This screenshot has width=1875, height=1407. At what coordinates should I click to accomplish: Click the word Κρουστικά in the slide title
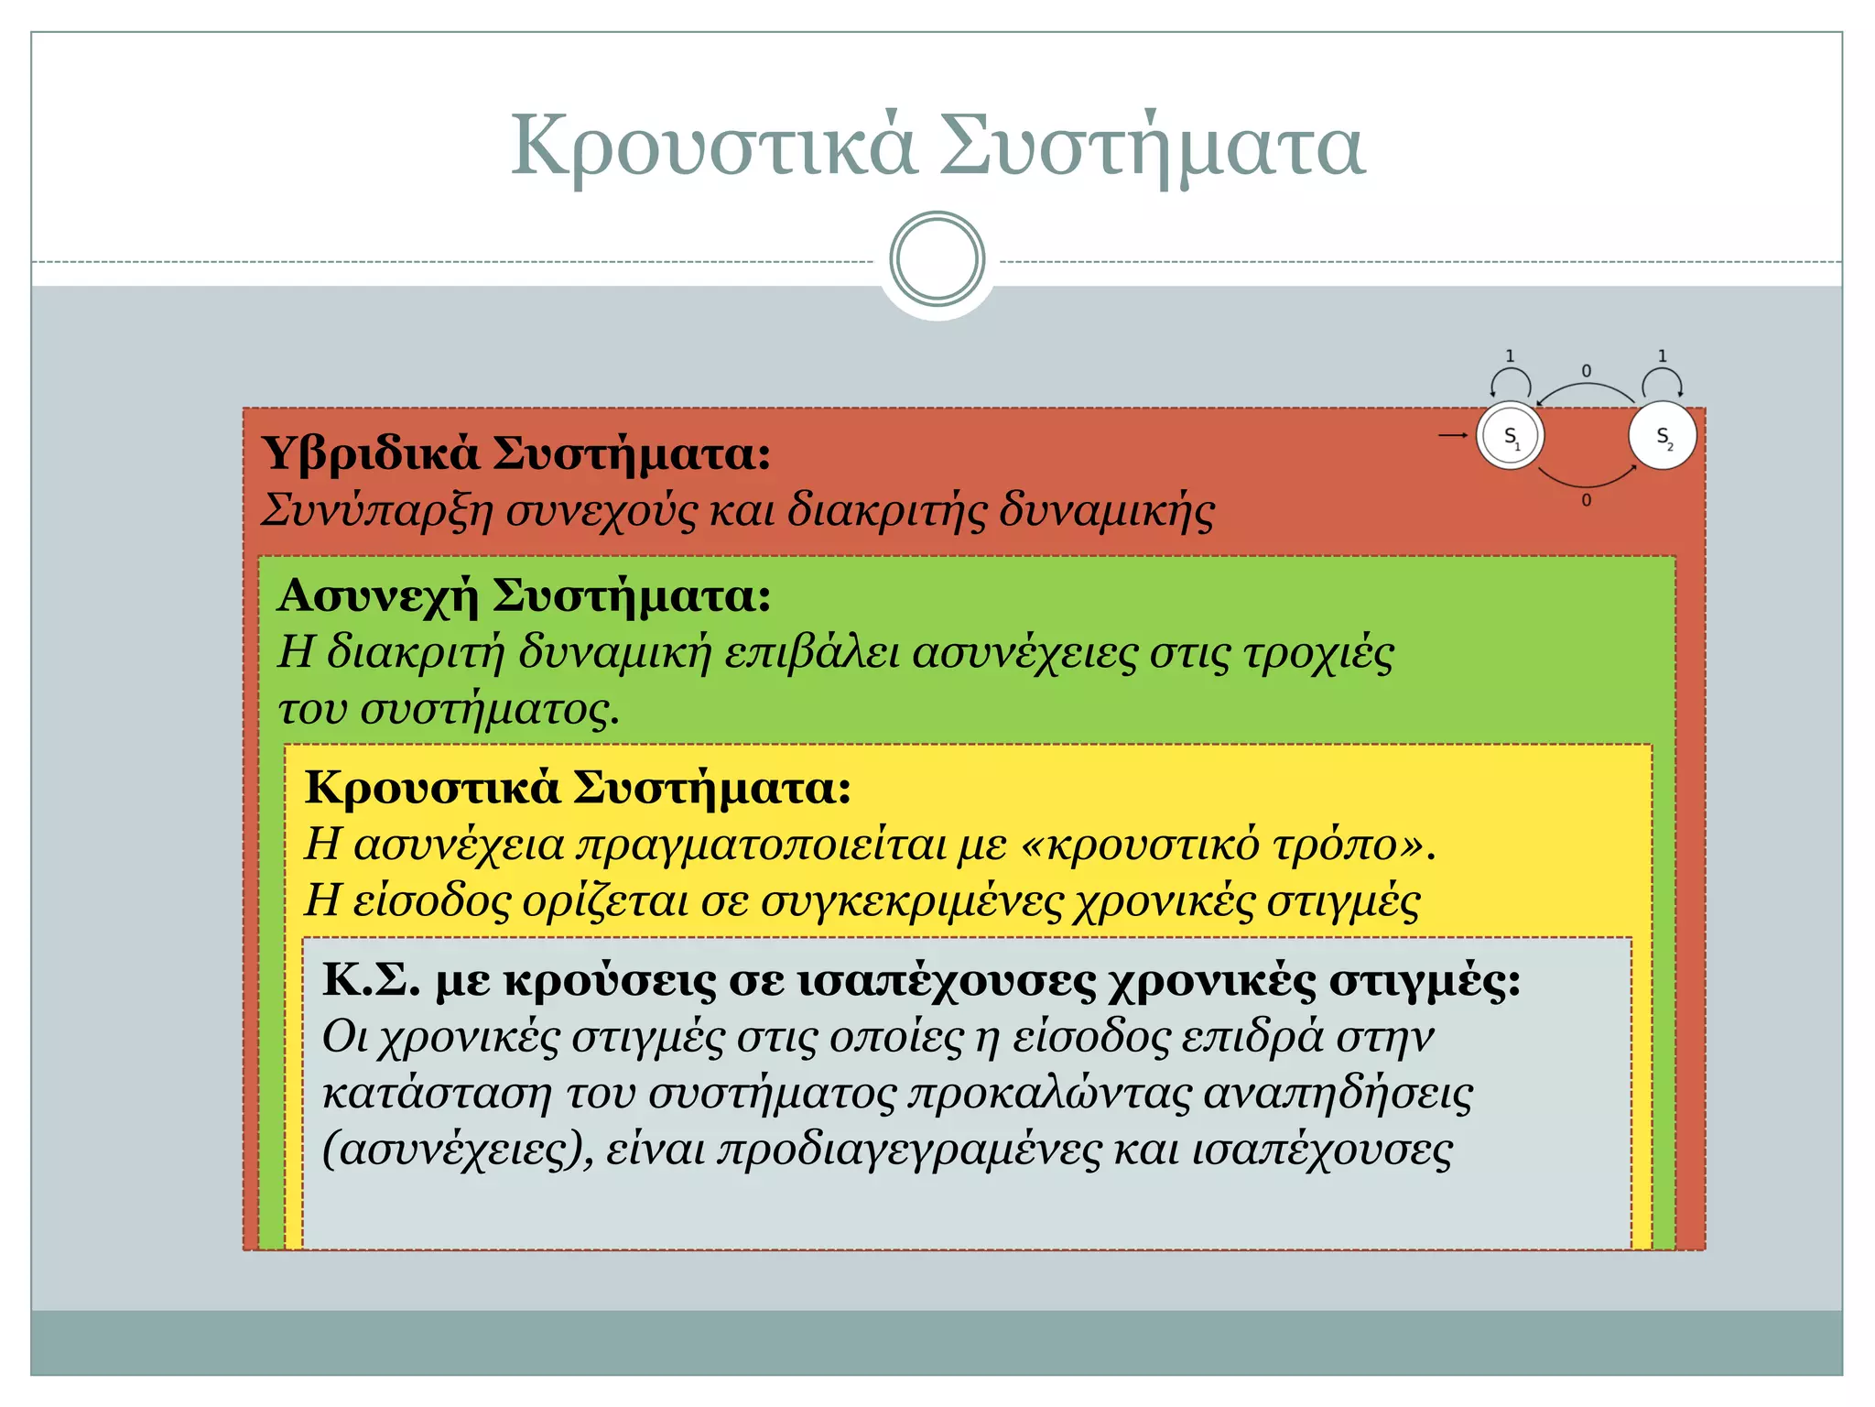712,147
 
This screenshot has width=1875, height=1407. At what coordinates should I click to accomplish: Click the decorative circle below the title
937,259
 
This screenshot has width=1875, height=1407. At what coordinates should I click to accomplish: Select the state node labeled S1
1511,436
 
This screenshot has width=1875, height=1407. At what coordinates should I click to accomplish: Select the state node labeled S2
1663,436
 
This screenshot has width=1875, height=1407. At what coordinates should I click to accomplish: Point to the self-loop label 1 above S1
1510,356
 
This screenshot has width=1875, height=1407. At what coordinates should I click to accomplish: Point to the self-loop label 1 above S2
1663,356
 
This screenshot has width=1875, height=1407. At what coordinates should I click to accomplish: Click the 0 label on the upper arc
1587,371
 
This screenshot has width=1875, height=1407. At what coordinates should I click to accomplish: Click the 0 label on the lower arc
1587,500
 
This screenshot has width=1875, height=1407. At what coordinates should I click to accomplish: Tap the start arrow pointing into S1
1453,435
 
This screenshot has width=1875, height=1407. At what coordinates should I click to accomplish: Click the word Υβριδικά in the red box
370,453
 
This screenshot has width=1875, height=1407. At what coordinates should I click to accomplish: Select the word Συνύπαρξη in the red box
377,511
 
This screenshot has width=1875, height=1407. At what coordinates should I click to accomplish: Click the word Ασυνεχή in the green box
378,595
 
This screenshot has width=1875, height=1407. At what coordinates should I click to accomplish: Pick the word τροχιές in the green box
1318,653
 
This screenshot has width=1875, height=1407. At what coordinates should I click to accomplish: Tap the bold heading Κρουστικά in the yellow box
431,787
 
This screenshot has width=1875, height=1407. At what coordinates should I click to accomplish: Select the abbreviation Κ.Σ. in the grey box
371,980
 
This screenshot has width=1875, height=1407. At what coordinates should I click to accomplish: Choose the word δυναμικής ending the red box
1106,511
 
